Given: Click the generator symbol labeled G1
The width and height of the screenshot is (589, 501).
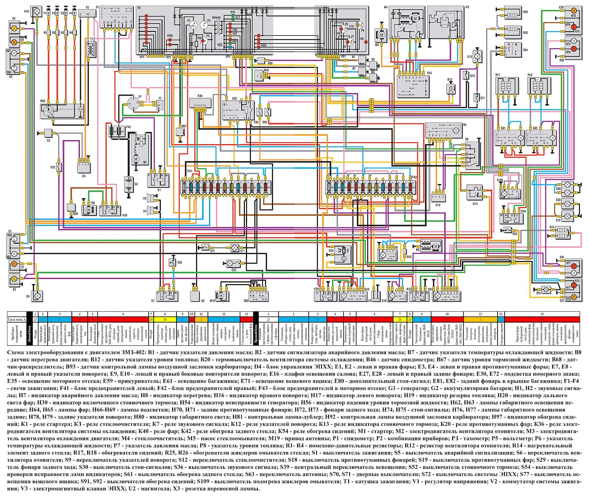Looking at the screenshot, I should [x=133, y=104].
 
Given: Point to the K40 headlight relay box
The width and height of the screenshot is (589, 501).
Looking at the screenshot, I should [x=200, y=102].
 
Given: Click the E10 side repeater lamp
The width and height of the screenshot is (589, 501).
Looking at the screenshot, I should [x=37, y=11].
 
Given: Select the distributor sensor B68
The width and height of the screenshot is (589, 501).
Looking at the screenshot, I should [x=62, y=110].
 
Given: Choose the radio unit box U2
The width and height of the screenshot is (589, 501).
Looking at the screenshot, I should [x=195, y=296].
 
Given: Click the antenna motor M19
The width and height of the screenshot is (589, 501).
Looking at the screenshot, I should [x=220, y=295].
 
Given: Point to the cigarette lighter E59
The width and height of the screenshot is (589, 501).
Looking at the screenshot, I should [x=343, y=254].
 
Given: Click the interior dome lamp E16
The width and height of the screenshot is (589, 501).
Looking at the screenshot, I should [x=477, y=56].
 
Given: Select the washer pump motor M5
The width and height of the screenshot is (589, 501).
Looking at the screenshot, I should [x=382, y=35].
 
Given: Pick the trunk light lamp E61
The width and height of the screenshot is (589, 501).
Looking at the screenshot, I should [x=546, y=289].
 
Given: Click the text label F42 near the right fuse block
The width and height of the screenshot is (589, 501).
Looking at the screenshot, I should [x=414, y=177].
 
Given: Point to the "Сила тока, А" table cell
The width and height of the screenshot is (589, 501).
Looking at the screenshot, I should [x=17, y=319].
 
